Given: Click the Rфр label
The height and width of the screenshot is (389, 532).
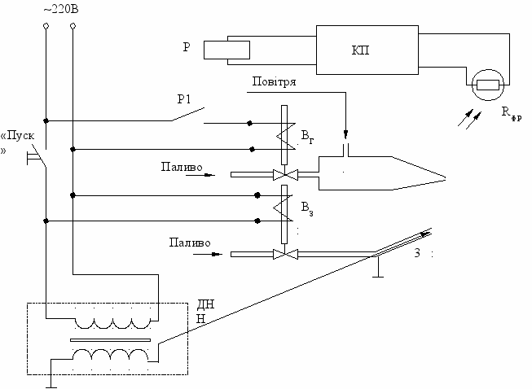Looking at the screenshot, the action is [512, 113].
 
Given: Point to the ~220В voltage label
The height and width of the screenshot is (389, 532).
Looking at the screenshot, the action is [61, 9].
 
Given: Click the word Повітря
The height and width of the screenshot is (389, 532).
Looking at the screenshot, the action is [274, 81].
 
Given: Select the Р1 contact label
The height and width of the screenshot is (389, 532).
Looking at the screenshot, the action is [184, 99].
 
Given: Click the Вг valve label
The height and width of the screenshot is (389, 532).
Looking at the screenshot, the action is [307, 137].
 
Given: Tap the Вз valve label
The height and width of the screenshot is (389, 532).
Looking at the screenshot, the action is [307, 208].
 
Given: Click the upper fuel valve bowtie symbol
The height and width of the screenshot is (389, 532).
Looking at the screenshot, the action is [285, 175].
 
